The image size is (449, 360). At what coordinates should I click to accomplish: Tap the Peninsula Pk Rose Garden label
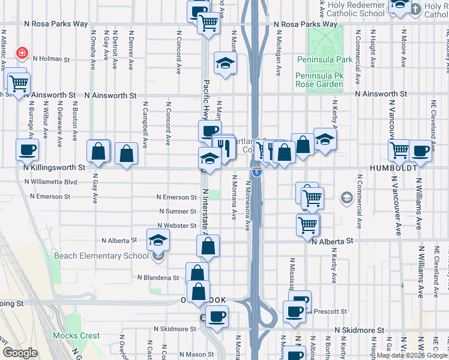tap(319, 80)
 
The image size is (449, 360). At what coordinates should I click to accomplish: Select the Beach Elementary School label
tap(101, 256)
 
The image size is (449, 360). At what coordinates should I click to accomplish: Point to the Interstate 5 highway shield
tap(256, 172)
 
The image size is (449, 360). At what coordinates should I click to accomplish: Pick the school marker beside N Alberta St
tap(158, 239)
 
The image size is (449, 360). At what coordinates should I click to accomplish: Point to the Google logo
tap(20, 353)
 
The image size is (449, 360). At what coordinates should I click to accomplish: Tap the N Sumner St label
tap(178, 211)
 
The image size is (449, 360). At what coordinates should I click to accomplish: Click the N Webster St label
tap(176, 226)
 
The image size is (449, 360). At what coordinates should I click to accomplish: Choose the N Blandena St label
tap(158, 278)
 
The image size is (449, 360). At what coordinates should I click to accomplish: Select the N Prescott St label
tap(328, 311)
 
